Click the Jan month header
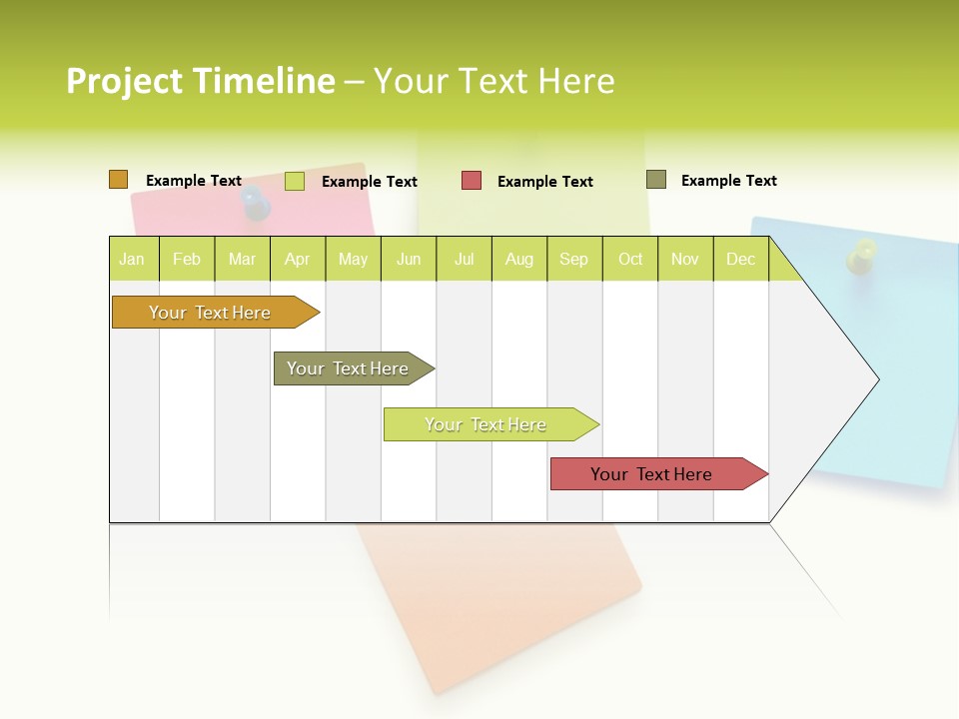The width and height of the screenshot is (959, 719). [x=132, y=259]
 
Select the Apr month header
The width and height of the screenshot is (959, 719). [x=297, y=259]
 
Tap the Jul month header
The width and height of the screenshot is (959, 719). [x=464, y=259]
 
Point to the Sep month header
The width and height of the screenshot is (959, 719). [x=573, y=259]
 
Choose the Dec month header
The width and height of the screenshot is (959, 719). [x=740, y=259]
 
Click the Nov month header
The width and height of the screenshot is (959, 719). [x=684, y=259]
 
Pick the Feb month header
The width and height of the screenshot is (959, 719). [x=187, y=259]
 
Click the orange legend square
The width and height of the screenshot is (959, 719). [x=118, y=180]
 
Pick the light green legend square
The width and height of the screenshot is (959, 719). [x=294, y=181]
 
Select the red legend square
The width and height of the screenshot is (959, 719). [x=471, y=181]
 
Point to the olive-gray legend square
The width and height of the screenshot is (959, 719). [x=655, y=180]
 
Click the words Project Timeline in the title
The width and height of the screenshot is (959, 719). [x=200, y=81]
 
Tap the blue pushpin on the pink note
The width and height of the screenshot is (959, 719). [x=257, y=203]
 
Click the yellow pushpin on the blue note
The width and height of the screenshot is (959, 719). [x=861, y=256]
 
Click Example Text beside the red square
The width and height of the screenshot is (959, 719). [x=544, y=182]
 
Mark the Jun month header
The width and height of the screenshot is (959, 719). [x=409, y=259]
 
